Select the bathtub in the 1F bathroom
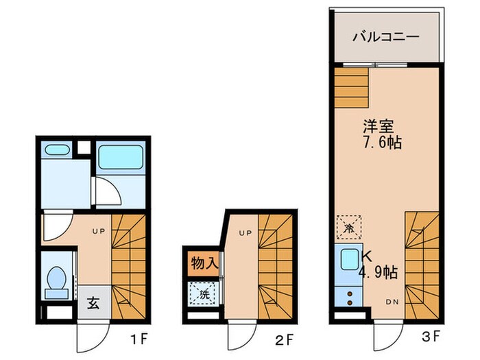(120, 158)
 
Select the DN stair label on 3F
(392, 301)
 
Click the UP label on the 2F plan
(244, 233)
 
